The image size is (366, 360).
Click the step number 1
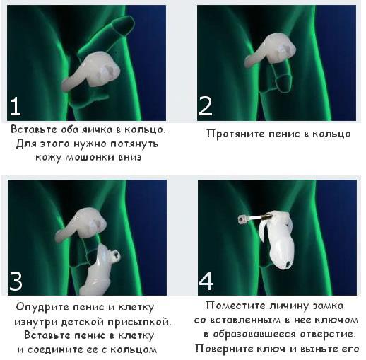(16, 106)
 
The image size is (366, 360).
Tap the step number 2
(206, 106)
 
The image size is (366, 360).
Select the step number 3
(16, 281)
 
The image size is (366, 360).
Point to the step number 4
(206, 281)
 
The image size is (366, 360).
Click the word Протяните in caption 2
(236, 134)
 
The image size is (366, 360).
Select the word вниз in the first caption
(130, 157)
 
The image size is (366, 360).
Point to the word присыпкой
(139, 322)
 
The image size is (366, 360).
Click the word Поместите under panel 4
(236, 306)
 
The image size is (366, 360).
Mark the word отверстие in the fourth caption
(328, 334)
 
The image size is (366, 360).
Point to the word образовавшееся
(254, 335)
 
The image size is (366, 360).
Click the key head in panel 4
(242, 220)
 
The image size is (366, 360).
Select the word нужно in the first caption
(90, 144)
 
